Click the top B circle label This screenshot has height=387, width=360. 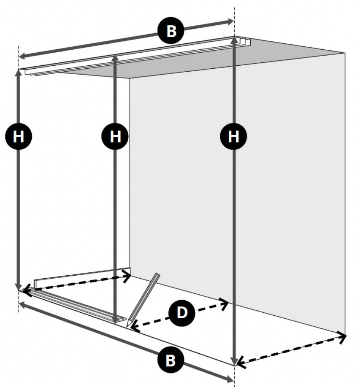[x=171, y=31]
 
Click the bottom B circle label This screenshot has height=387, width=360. [x=171, y=360]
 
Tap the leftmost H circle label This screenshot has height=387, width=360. [x=19, y=136]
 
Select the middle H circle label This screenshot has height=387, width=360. [x=115, y=136]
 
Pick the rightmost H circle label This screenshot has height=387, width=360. [x=233, y=136]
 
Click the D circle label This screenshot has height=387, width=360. [x=182, y=313]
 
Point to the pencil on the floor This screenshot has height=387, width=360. [x=143, y=300]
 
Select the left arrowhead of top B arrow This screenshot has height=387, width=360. [x=22, y=56]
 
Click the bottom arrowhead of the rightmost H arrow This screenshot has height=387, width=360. [x=234, y=362]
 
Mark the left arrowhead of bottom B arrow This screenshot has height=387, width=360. [x=22, y=305]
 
